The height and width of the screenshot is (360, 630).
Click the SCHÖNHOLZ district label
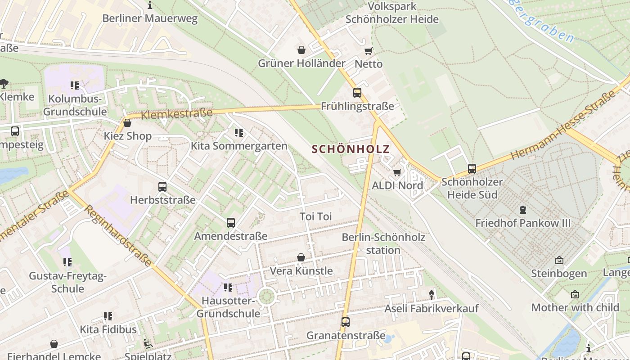pyautogui.click(x=351, y=149)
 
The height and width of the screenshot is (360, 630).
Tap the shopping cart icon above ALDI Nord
pyautogui.click(x=397, y=172)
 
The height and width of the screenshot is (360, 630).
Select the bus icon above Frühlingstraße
pyautogui.click(x=357, y=93)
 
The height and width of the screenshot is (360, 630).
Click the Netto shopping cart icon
pyautogui.click(x=369, y=51)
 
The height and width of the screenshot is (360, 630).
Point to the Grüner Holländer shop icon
pyautogui.click(x=301, y=49)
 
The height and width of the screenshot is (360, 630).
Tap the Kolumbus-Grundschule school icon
pyautogui.click(x=75, y=85)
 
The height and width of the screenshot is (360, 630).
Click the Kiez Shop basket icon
pyautogui.click(x=127, y=123)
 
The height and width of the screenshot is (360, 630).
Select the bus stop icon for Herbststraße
pyautogui.click(x=162, y=186)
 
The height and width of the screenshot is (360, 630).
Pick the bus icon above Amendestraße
pyautogui.click(x=231, y=223)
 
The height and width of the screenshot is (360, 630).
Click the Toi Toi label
pyautogui.click(x=315, y=216)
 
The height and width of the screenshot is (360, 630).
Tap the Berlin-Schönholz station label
pyautogui.click(x=383, y=243)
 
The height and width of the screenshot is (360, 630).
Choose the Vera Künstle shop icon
pyautogui.click(x=301, y=257)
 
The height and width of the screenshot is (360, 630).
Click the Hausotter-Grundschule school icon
pyautogui.click(x=228, y=287)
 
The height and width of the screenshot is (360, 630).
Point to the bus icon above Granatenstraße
pyautogui.click(x=346, y=322)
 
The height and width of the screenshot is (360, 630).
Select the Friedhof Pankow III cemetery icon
pyautogui.click(x=523, y=210)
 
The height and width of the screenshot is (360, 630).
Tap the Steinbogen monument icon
pyautogui.click(x=559, y=260)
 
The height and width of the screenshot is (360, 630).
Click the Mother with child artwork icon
pyautogui.click(x=575, y=294)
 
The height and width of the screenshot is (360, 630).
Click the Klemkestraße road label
pyautogui.click(x=176, y=114)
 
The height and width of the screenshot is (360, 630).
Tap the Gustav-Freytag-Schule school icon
pyautogui.click(x=67, y=262)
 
